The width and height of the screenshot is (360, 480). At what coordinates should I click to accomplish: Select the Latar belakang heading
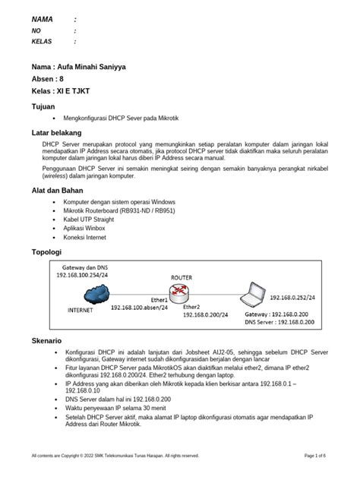(56, 132)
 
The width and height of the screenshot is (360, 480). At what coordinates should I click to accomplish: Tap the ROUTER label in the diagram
(180, 278)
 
